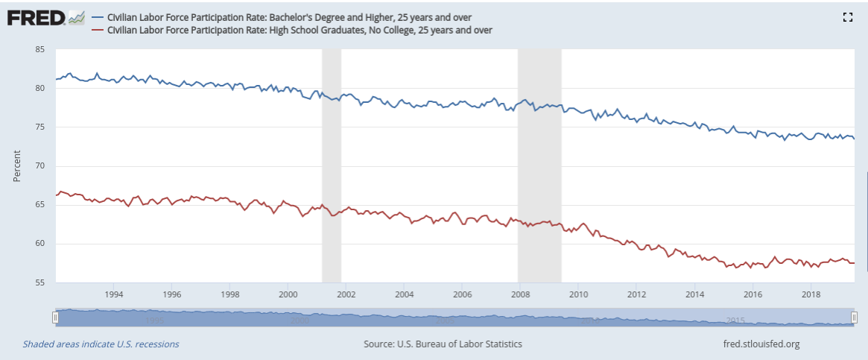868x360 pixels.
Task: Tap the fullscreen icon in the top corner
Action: (x=846, y=17)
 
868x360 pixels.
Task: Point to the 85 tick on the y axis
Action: (x=40, y=50)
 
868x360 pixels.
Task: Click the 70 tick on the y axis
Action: (x=40, y=166)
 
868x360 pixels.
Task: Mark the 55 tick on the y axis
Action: (x=40, y=282)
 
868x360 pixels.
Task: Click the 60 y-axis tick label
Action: (x=40, y=244)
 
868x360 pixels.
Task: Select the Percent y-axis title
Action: (x=16, y=166)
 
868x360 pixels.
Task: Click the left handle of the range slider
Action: (x=55, y=318)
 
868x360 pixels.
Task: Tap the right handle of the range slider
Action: (x=854, y=318)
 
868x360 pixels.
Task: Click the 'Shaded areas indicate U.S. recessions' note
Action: (x=101, y=344)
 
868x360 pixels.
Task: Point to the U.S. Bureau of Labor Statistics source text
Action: (x=443, y=344)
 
